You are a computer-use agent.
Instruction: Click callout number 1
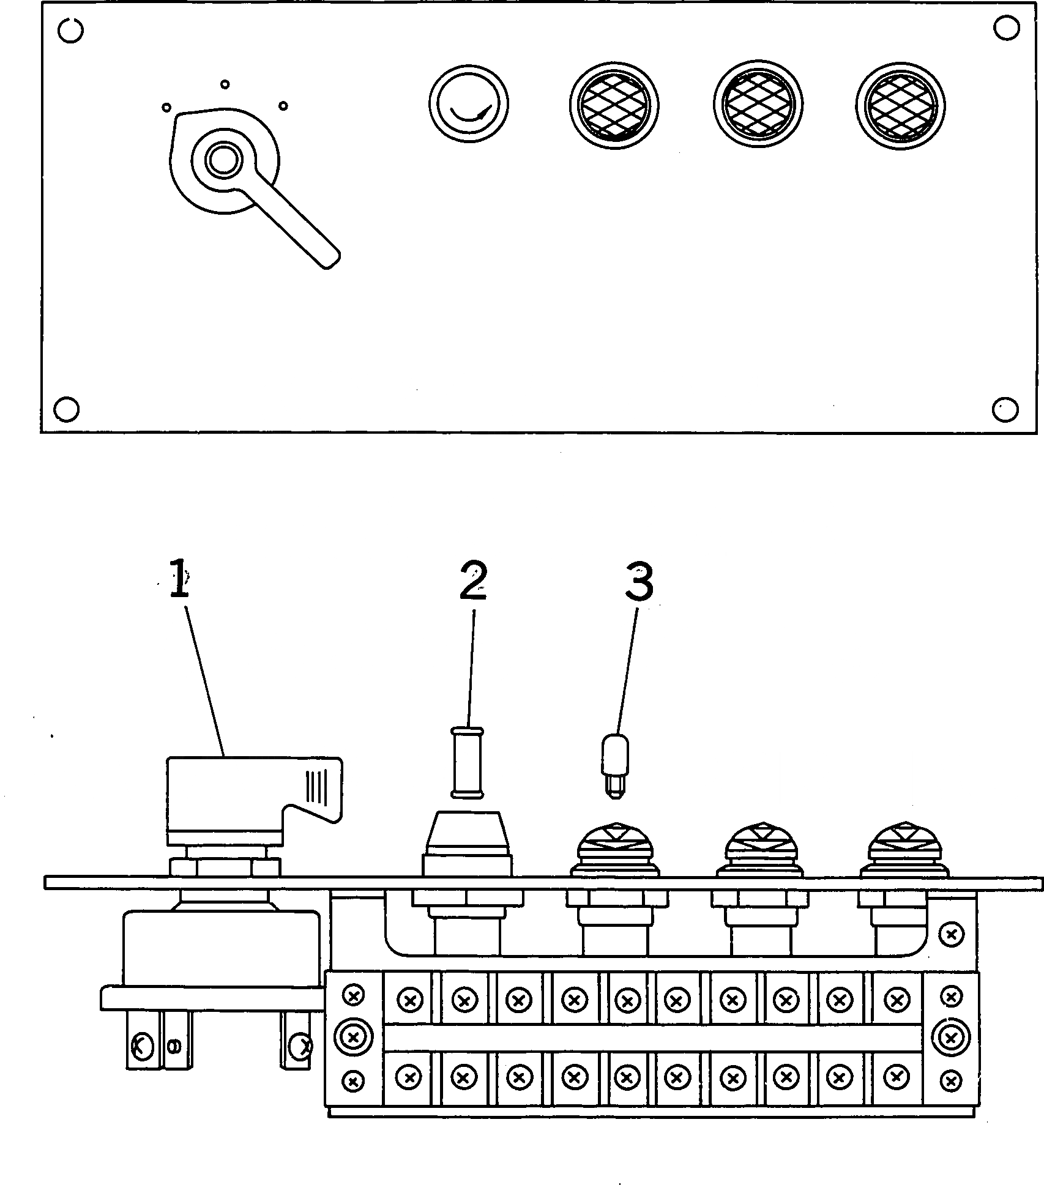coord(178,578)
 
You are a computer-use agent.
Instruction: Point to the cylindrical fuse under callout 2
coord(468,762)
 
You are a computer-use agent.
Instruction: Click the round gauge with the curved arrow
coord(468,103)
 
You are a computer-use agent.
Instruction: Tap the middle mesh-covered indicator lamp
coord(758,105)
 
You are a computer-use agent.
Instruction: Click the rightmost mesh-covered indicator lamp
coord(900,105)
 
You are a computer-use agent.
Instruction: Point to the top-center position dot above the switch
coord(225,84)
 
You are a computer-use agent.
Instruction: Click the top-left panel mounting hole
coord(72,30)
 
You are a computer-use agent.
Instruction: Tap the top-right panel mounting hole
coord(1005,29)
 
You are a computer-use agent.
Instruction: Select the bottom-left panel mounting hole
coord(67,409)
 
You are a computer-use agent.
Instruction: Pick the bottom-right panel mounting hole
coord(1005,409)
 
